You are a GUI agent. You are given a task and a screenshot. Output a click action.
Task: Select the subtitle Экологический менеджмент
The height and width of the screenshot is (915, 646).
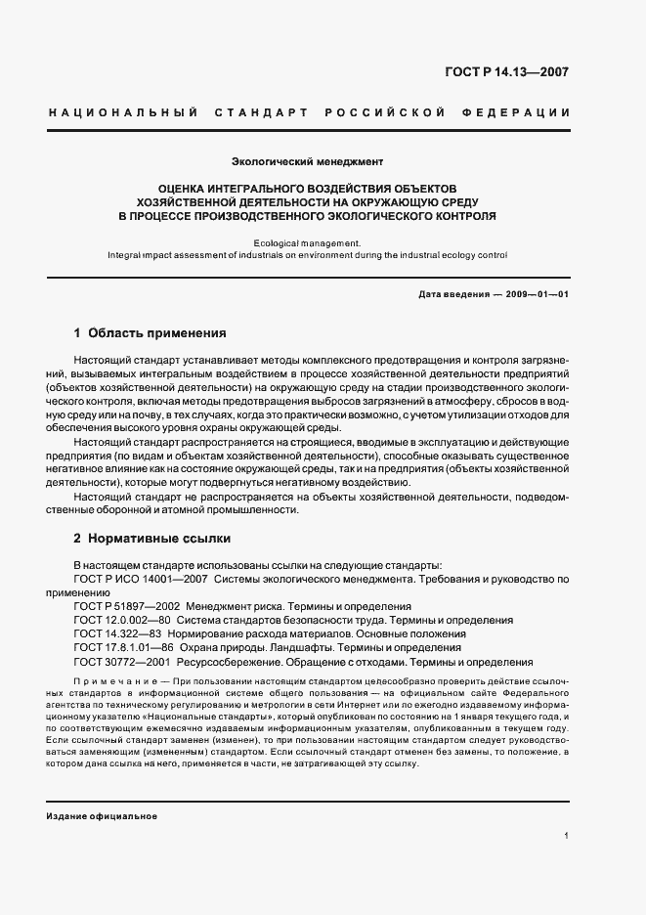pyautogui.click(x=307, y=159)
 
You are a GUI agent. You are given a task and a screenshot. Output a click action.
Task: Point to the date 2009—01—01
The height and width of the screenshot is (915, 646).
pyautogui.click(x=534, y=293)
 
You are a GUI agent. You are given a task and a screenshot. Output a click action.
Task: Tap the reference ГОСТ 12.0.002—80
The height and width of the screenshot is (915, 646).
pyautogui.click(x=124, y=620)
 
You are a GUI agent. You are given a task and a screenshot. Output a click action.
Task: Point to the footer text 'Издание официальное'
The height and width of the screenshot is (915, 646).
pyautogui.click(x=102, y=815)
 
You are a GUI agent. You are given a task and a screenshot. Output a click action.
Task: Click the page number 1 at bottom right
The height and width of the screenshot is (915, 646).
pyautogui.click(x=566, y=836)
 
